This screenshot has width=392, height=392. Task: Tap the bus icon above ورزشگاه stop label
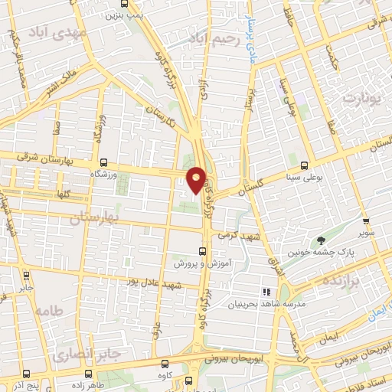(103, 162)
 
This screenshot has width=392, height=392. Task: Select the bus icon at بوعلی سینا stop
(305, 165)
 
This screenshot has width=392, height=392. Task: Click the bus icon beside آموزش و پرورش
(203, 250)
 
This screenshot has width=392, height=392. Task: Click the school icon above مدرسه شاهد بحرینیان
(267, 292)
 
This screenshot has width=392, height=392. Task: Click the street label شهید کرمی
(239, 237)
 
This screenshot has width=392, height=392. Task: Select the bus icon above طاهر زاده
(90, 374)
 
